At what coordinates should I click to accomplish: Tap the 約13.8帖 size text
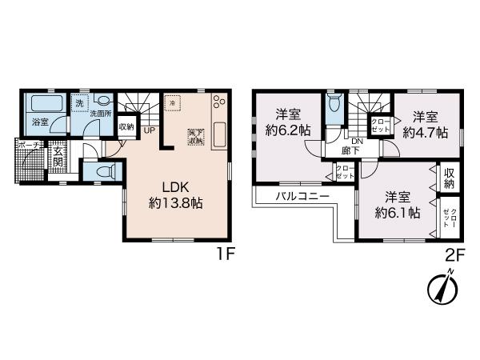pyautogui.click(x=174, y=203)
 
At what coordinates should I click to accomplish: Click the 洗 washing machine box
pyautogui.click(x=78, y=103)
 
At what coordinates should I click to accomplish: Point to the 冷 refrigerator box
pyautogui.click(x=173, y=103)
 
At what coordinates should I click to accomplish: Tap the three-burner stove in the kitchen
pyautogui.click(x=220, y=105)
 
